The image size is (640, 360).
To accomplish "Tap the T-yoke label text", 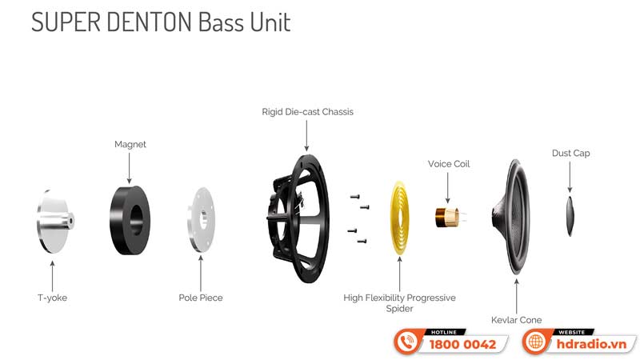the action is click(52, 298).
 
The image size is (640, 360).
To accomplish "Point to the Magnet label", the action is click(130, 145).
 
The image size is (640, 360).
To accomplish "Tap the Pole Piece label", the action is click(201, 298).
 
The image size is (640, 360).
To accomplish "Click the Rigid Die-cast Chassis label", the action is click(307, 112).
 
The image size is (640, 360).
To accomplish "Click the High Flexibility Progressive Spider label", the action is click(399, 303).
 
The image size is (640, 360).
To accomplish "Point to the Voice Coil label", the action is click(449, 164).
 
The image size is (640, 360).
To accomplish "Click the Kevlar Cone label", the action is click(516, 320).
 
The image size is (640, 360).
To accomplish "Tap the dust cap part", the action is click(570, 214).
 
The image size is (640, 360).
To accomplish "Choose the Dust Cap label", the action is click(570, 153).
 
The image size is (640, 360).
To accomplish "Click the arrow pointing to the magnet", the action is click(130, 168).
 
